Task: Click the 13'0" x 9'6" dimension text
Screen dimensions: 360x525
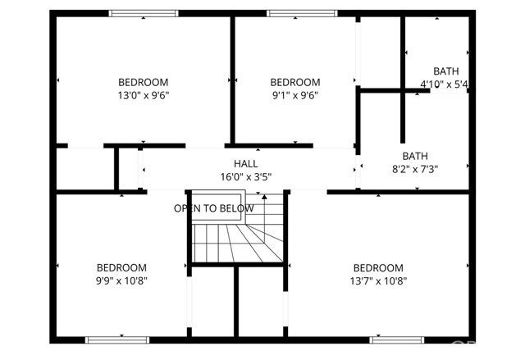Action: [x=144, y=95]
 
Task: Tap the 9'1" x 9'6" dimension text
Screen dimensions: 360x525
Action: [x=294, y=95]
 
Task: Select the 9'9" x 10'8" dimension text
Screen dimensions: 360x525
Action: [x=122, y=280]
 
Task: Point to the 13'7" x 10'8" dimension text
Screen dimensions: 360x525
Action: [x=378, y=280]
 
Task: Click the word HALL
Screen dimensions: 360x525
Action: [x=245, y=163]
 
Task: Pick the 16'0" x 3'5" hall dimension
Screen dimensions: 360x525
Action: [x=245, y=176]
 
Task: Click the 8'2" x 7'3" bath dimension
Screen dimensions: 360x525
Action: [x=415, y=170]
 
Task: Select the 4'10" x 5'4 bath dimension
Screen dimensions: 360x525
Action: [x=445, y=84]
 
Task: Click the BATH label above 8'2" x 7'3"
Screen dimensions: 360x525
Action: [x=415, y=157]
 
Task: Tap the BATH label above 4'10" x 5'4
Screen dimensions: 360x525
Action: [x=446, y=71]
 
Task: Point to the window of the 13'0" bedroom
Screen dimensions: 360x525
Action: [x=144, y=13]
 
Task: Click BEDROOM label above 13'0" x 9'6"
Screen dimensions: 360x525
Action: [x=144, y=82]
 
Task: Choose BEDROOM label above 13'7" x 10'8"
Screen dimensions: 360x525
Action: [x=378, y=267]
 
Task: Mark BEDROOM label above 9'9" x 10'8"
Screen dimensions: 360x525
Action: [x=122, y=267]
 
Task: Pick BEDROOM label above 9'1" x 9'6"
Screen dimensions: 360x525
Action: [x=294, y=82]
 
